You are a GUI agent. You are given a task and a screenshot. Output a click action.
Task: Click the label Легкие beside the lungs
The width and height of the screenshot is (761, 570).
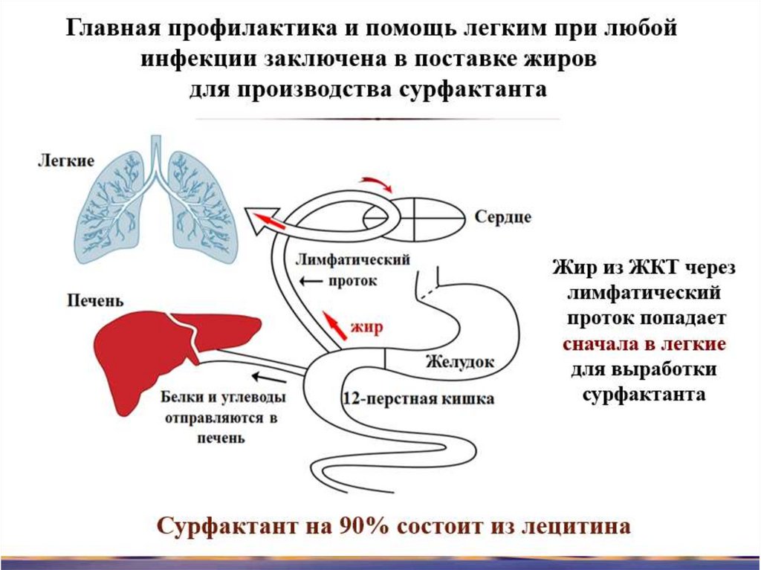pos(66,161)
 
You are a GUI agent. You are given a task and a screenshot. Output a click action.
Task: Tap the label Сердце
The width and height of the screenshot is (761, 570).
pos(503,217)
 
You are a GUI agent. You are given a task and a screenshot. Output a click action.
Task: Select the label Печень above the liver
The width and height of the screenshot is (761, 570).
pos(94,301)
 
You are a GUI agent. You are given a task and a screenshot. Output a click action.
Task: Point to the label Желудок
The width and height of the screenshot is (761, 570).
pos(459,363)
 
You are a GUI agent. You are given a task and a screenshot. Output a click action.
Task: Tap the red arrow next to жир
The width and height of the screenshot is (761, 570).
pos(334,325)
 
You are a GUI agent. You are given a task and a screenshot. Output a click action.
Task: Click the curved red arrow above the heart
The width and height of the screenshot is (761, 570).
pos(376,184)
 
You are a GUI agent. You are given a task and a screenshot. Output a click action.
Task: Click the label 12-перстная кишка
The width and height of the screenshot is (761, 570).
pos(418,399)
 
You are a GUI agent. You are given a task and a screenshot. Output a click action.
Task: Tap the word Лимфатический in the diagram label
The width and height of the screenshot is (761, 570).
pos(353,260)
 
